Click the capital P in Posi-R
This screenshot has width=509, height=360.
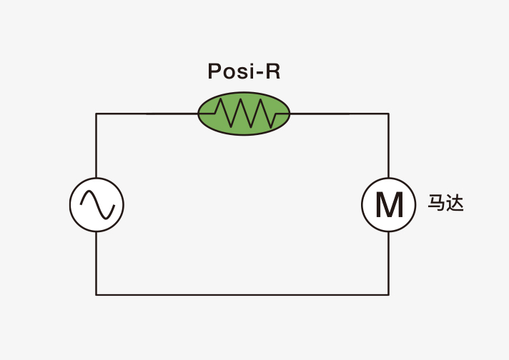(x=214, y=71)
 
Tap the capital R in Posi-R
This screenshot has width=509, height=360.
(x=273, y=71)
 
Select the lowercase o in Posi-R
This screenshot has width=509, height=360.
(x=229, y=73)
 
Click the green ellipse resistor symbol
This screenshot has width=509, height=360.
(x=244, y=114)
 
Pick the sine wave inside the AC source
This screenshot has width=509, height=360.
(x=97, y=205)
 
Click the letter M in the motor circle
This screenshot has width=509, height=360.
(x=389, y=205)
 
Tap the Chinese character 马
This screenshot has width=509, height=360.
(x=437, y=203)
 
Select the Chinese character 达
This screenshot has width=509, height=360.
(x=455, y=203)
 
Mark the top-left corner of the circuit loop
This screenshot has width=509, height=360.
(x=96, y=114)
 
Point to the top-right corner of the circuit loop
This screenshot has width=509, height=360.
(x=389, y=114)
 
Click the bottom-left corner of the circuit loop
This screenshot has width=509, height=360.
(x=96, y=295)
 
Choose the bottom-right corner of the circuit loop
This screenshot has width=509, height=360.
(x=389, y=295)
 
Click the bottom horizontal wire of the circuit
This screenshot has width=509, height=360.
(x=242, y=295)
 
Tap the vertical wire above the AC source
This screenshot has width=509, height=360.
(x=96, y=146)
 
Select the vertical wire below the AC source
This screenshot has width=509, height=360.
(x=96, y=264)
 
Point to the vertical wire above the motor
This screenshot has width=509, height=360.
(x=389, y=146)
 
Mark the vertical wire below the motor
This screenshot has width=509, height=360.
(x=389, y=264)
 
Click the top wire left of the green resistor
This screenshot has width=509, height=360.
(x=147, y=114)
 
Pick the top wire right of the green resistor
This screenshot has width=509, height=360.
(x=340, y=114)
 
